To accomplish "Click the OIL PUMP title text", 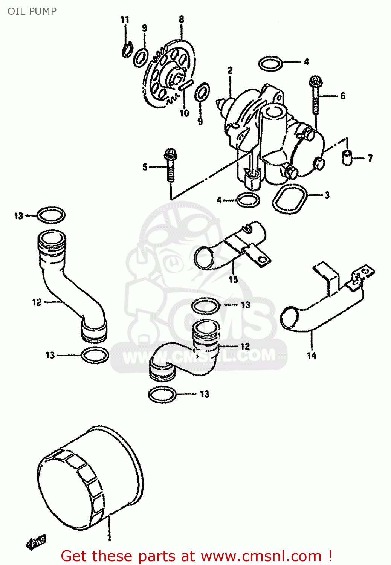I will pos(32,11).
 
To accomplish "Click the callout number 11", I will pos(125,20).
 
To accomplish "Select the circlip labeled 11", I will pos(127,49).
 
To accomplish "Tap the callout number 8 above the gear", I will pos(181,19).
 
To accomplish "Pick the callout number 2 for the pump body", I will pos(230,70).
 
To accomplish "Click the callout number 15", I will pos(233,279).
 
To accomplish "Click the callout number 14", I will pos(312,355).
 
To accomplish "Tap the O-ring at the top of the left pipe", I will pos(51,215).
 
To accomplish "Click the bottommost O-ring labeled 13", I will pos(162,394).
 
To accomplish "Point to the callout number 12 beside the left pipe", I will pos(37,302).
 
